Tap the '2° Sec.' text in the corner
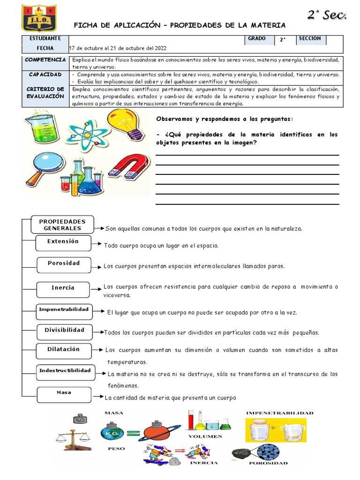(x=327, y=15)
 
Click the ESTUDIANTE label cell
(x=45, y=38)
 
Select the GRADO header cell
(x=257, y=39)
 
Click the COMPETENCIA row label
(x=45, y=60)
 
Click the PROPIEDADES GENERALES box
(x=62, y=225)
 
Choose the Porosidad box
(x=64, y=263)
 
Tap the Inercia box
(x=63, y=288)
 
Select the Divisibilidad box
(x=65, y=330)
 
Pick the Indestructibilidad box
(x=65, y=371)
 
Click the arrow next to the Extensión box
(x=97, y=244)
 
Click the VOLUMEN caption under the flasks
(x=205, y=436)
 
